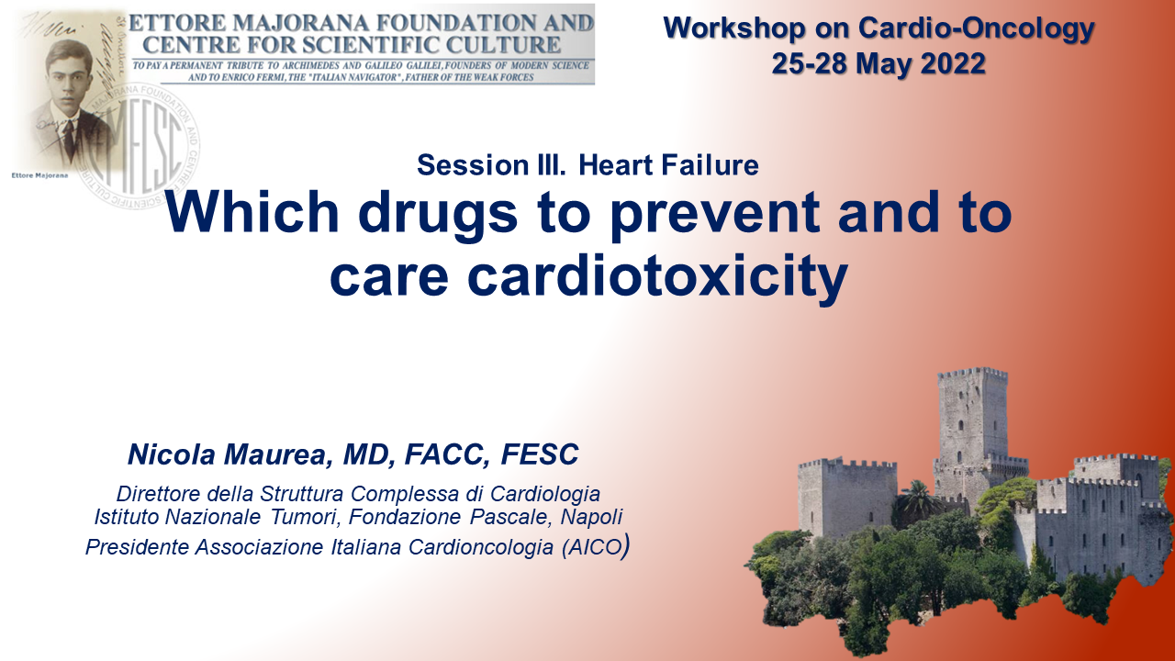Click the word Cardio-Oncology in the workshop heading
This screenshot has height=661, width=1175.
coord(976,28)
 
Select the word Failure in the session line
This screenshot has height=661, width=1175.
coord(710,164)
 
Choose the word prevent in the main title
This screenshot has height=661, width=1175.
coord(715,214)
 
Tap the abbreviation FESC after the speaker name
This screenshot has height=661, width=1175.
coord(540,454)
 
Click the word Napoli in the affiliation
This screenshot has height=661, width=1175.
coord(591,517)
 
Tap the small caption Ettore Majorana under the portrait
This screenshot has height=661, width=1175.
coord(39,175)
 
